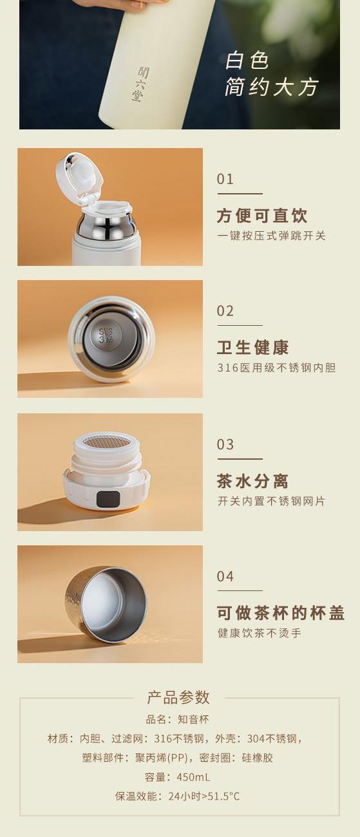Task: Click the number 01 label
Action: tap(225, 180)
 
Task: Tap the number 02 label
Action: tap(225, 311)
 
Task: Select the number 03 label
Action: tap(225, 444)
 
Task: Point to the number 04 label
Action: tap(225, 576)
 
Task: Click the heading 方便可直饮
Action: tap(262, 216)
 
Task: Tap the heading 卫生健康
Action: tap(252, 348)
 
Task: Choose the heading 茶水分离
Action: tap(252, 481)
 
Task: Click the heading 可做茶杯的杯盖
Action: tap(281, 613)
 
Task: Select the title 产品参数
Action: tap(178, 697)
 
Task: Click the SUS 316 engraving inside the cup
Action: tap(106, 335)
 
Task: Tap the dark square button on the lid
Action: tap(108, 499)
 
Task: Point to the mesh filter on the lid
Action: tap(106, 442)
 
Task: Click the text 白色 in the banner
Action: tap(247, 61)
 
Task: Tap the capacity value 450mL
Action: tap(193, 777)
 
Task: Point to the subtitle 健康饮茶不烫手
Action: tap(259, 633)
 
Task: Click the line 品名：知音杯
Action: tap(178, 719)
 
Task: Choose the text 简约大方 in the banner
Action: tap(271, 87)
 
